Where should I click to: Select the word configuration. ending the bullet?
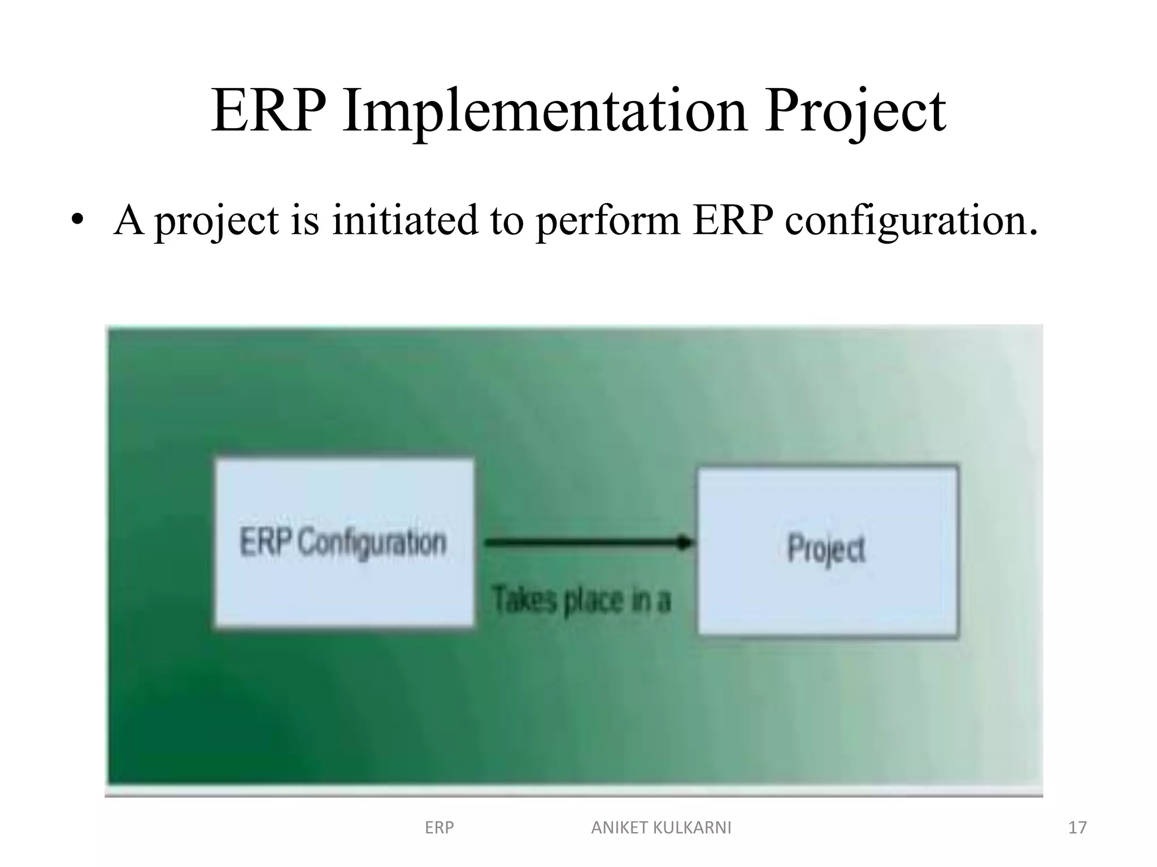point(911,221)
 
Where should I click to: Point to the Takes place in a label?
point(581,599)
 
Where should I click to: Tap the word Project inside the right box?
point(826,549)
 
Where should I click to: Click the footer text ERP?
point(439,827)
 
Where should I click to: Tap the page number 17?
point(1077,827)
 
